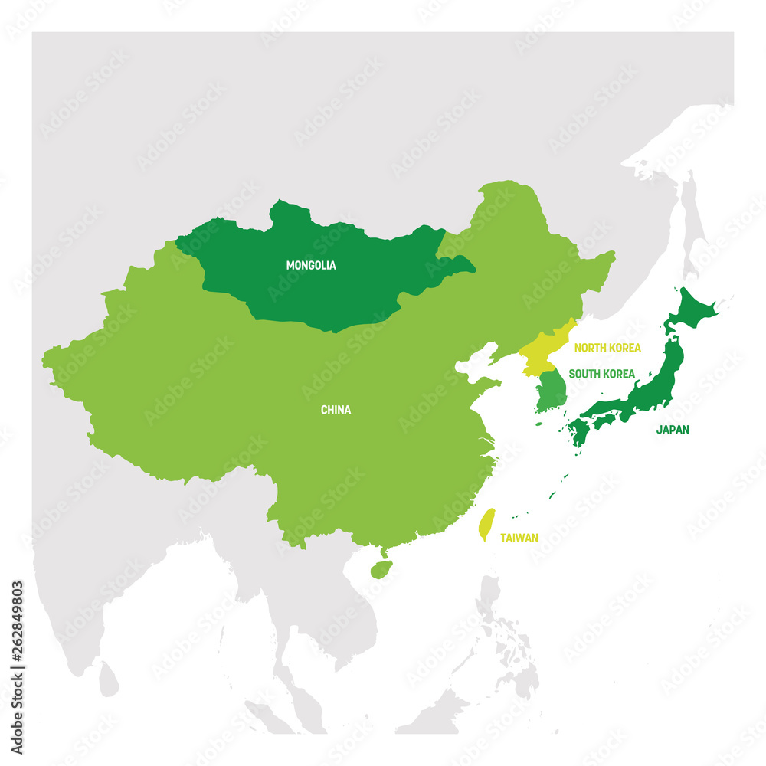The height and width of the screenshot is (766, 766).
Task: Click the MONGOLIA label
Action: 311,266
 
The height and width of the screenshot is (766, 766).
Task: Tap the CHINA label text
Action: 336,410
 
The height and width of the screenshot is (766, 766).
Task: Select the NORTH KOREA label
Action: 607,348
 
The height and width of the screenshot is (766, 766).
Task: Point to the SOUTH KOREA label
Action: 601,374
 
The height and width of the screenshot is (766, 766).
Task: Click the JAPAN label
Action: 672,430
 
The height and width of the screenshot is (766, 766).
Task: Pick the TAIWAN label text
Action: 519,538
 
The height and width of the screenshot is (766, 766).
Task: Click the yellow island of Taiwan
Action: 486,525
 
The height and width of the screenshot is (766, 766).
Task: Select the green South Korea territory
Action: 550,391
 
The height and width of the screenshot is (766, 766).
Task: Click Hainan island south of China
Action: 381,569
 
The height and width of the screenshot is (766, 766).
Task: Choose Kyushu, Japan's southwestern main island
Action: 578,432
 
